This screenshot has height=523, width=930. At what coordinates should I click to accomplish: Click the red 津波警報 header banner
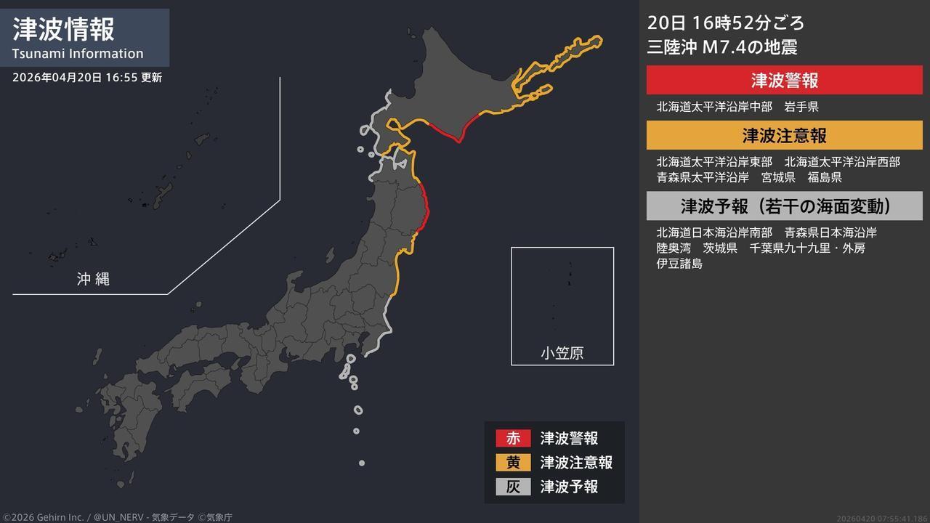click(x=784, y=80)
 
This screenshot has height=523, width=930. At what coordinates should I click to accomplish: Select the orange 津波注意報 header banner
click(x=784, y=135)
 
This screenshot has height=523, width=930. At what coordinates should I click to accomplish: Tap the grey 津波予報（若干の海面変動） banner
click(x=784, y=206)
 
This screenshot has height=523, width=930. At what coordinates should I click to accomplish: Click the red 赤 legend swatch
click(x=513, y=438)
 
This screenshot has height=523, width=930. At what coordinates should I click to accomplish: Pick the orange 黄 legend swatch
click(x=513, y=462)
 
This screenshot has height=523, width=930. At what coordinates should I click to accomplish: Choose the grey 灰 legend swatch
click(x=513, y=486)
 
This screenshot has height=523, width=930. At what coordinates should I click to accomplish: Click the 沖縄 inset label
click(x=93, y=278)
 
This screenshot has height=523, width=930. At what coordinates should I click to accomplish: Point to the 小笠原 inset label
click(x=562, y=353)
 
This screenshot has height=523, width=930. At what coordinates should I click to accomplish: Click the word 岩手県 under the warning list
click(x=801, y=107)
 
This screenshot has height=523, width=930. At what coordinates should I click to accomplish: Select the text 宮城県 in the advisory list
click(x=778, y=177)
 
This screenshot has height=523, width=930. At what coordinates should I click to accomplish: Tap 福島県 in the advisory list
click(x=825, y=177)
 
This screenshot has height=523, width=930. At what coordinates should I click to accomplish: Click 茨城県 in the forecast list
click(x=720, y=248)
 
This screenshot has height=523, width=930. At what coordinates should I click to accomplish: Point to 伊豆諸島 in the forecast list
click(x=679, y=264)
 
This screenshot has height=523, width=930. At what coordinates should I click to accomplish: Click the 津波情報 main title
click(x=64, y=30)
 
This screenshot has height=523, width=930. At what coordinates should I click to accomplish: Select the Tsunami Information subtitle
click(x=78, y=54)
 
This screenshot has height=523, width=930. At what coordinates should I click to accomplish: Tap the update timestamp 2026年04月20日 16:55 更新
click(x=87, y=78)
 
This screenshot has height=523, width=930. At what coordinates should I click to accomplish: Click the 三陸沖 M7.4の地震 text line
click(x=722, y=47)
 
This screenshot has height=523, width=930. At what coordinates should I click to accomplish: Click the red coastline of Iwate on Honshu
click(x=426, y=207)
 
